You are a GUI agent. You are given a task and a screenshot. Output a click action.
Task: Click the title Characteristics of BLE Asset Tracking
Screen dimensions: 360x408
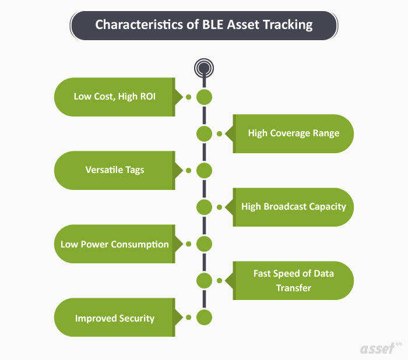click(203, 25)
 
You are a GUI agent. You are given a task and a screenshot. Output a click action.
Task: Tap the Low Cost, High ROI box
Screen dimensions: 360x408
click(114, 97)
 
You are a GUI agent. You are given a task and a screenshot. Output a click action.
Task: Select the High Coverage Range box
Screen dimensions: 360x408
click(293, 133)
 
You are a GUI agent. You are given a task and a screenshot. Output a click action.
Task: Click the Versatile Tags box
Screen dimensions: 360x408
click(114, 170)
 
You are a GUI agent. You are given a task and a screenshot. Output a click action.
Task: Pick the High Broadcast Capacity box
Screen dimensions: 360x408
click(293, 207)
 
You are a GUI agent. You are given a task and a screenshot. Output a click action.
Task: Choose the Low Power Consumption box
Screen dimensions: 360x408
click(114, 244)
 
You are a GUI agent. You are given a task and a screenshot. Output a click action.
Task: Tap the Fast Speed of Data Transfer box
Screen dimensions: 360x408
click(293, 280)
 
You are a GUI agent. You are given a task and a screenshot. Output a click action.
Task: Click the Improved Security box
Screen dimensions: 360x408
click(114, 318)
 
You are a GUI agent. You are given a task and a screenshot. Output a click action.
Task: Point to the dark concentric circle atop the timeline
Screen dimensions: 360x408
click(203, 68)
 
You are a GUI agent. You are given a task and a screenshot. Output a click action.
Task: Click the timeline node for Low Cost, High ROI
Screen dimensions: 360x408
click(204, 97)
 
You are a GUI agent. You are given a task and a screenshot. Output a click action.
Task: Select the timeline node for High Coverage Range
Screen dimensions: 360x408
click(204, 133)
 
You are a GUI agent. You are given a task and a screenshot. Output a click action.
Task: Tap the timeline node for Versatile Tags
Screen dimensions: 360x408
click(204, 171)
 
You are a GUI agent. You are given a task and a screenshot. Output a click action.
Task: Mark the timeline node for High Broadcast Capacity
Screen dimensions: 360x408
click(204, 207)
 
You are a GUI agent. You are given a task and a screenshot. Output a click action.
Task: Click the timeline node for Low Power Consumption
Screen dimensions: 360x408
click(204, 243)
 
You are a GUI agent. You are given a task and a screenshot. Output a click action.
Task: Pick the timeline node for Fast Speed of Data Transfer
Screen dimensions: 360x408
click(204, 280)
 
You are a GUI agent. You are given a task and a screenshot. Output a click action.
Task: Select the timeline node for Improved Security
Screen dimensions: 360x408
click(204, 317)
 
